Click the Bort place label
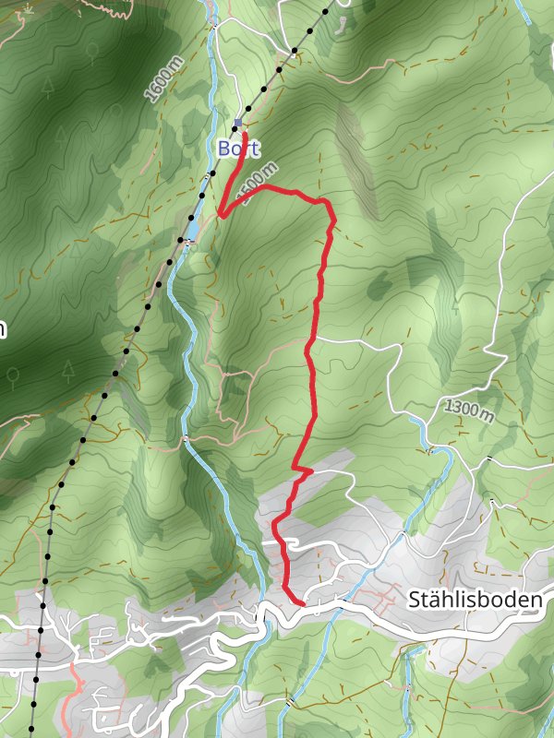[238, 149]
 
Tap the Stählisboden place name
[474, 601]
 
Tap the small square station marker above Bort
[237, 123]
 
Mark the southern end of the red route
[303, 603]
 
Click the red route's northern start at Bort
[244, 136]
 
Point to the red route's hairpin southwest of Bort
[221, 216]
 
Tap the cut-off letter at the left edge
[3, 329]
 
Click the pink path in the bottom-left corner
[74, 701]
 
